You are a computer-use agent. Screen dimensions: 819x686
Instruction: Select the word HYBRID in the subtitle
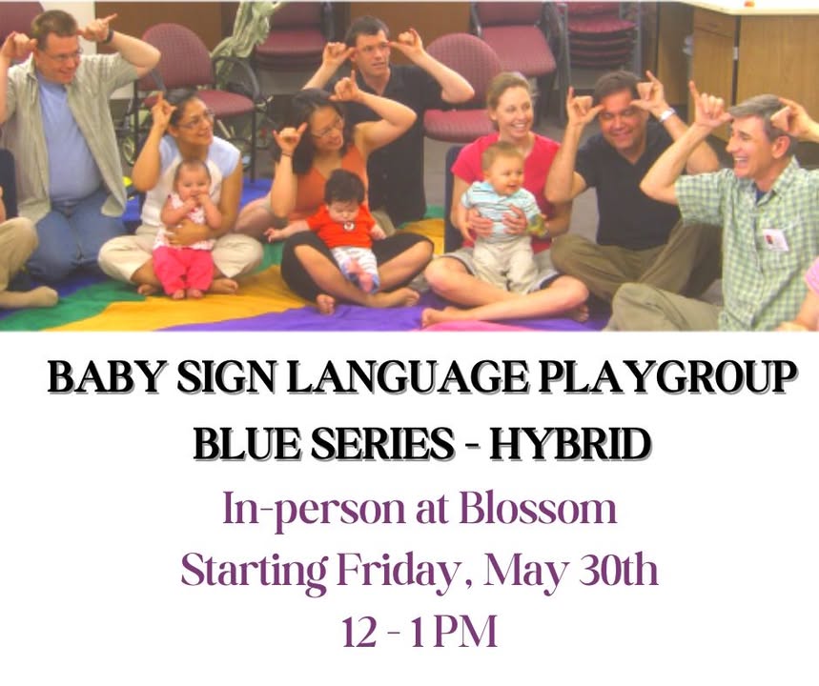tap(570, 444)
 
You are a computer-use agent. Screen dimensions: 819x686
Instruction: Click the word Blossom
tap(538, 509)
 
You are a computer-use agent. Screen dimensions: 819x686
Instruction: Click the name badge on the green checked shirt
tap(774, 240)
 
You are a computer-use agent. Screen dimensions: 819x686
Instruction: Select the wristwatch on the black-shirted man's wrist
tap(665, 115)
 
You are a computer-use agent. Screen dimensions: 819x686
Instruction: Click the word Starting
tap(255, 573)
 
